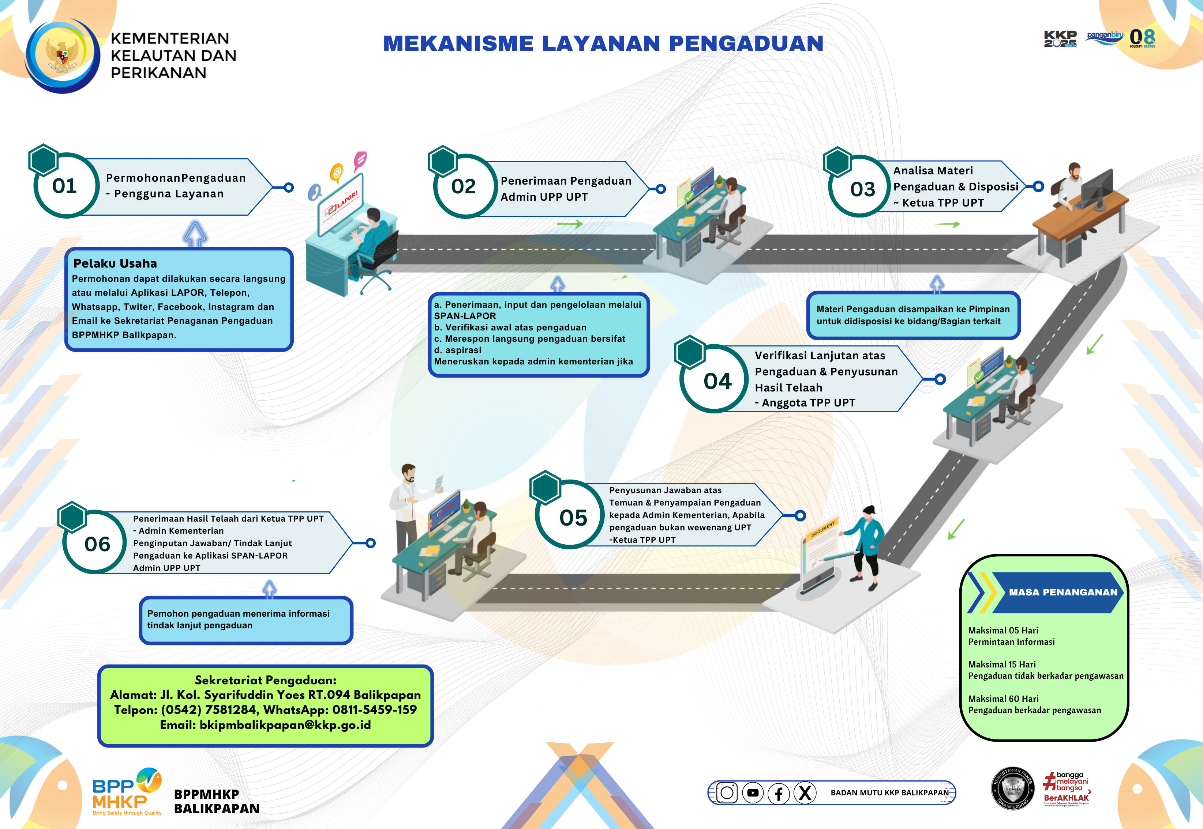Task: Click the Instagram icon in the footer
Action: [727, 793]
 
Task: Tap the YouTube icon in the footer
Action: [753, 793]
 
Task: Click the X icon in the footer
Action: [805, 793]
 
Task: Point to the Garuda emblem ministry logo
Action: [63, 56]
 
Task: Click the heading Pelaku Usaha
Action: [115, 263]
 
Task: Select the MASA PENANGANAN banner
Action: [1062, 592]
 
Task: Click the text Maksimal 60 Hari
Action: [1003, 699]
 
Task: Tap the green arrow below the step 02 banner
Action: [570, 224]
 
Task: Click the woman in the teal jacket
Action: [865, 545]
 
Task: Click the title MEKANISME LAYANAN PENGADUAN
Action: [603, 43]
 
